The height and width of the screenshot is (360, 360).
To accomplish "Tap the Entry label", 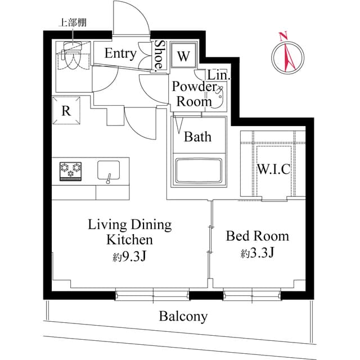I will tap(120, 54).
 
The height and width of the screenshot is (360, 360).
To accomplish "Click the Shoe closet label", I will tap(160, 56).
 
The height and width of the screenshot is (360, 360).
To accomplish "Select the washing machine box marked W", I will tap(183, 56).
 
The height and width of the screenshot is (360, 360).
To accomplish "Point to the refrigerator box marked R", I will tap(66, 110).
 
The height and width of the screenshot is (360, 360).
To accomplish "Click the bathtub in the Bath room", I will tap(198, 171).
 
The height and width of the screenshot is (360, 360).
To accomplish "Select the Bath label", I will tap(197, 137).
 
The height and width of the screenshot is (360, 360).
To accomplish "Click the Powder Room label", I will tap(195, 94).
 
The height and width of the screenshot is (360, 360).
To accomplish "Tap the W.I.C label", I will tap(273, 169).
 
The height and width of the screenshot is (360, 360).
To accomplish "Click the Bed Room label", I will tap(257, 236).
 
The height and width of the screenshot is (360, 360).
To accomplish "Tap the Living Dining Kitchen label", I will tap(129, 232).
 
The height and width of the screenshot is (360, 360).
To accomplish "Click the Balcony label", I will tap(183, 317).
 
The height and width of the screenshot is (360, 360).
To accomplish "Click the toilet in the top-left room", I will tap(69, 56).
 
